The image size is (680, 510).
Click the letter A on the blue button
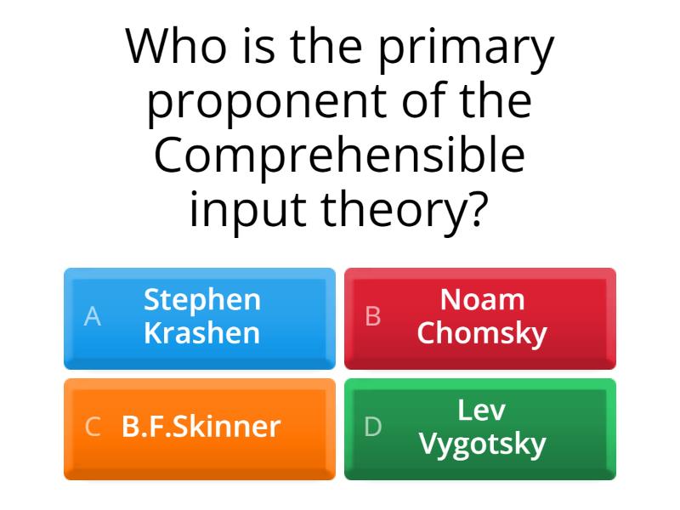click(93, 316)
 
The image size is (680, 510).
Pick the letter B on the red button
click(373, 316)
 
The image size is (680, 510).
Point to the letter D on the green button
click(373, 427)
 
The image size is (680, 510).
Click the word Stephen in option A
click(202, 300)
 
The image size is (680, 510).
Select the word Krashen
click(202, 332)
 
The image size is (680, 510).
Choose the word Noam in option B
click(482, 300)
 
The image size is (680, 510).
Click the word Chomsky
click(482, 332)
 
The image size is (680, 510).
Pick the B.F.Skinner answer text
click(201, 427)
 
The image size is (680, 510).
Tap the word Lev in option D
click(482, 411)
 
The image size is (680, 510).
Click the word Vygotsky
click(482, 444)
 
